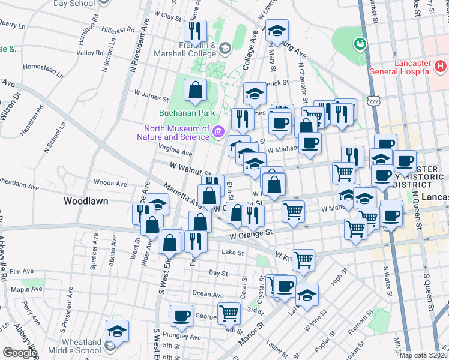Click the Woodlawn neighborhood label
click(x=86, y=201)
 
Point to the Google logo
click(x=19, y=352)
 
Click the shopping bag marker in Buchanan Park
click(x=196, y=91)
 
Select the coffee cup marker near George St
click(x=181, y=315)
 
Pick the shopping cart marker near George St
click(x=229, y=313)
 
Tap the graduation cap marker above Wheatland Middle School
click(x=116, y=331)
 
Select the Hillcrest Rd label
click(x=118, y=29)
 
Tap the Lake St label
click(x=232, y=253)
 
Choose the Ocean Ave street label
click(x=208, y=294)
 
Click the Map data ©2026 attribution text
click(x=423, y=355)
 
